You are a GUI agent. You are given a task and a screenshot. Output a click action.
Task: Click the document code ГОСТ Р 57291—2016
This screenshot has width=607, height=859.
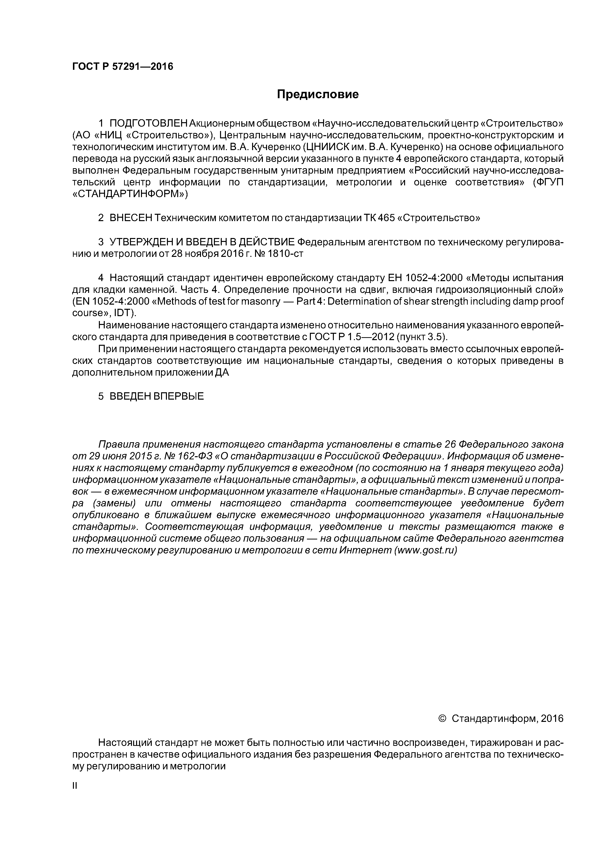(123, 67)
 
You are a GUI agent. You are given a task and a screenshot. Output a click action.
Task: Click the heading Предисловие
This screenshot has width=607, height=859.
(317, 94)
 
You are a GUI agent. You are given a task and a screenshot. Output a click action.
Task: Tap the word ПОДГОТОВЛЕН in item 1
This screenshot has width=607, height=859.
(149, 123)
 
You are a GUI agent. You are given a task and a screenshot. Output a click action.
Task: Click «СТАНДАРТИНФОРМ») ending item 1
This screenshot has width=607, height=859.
(130, 194)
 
